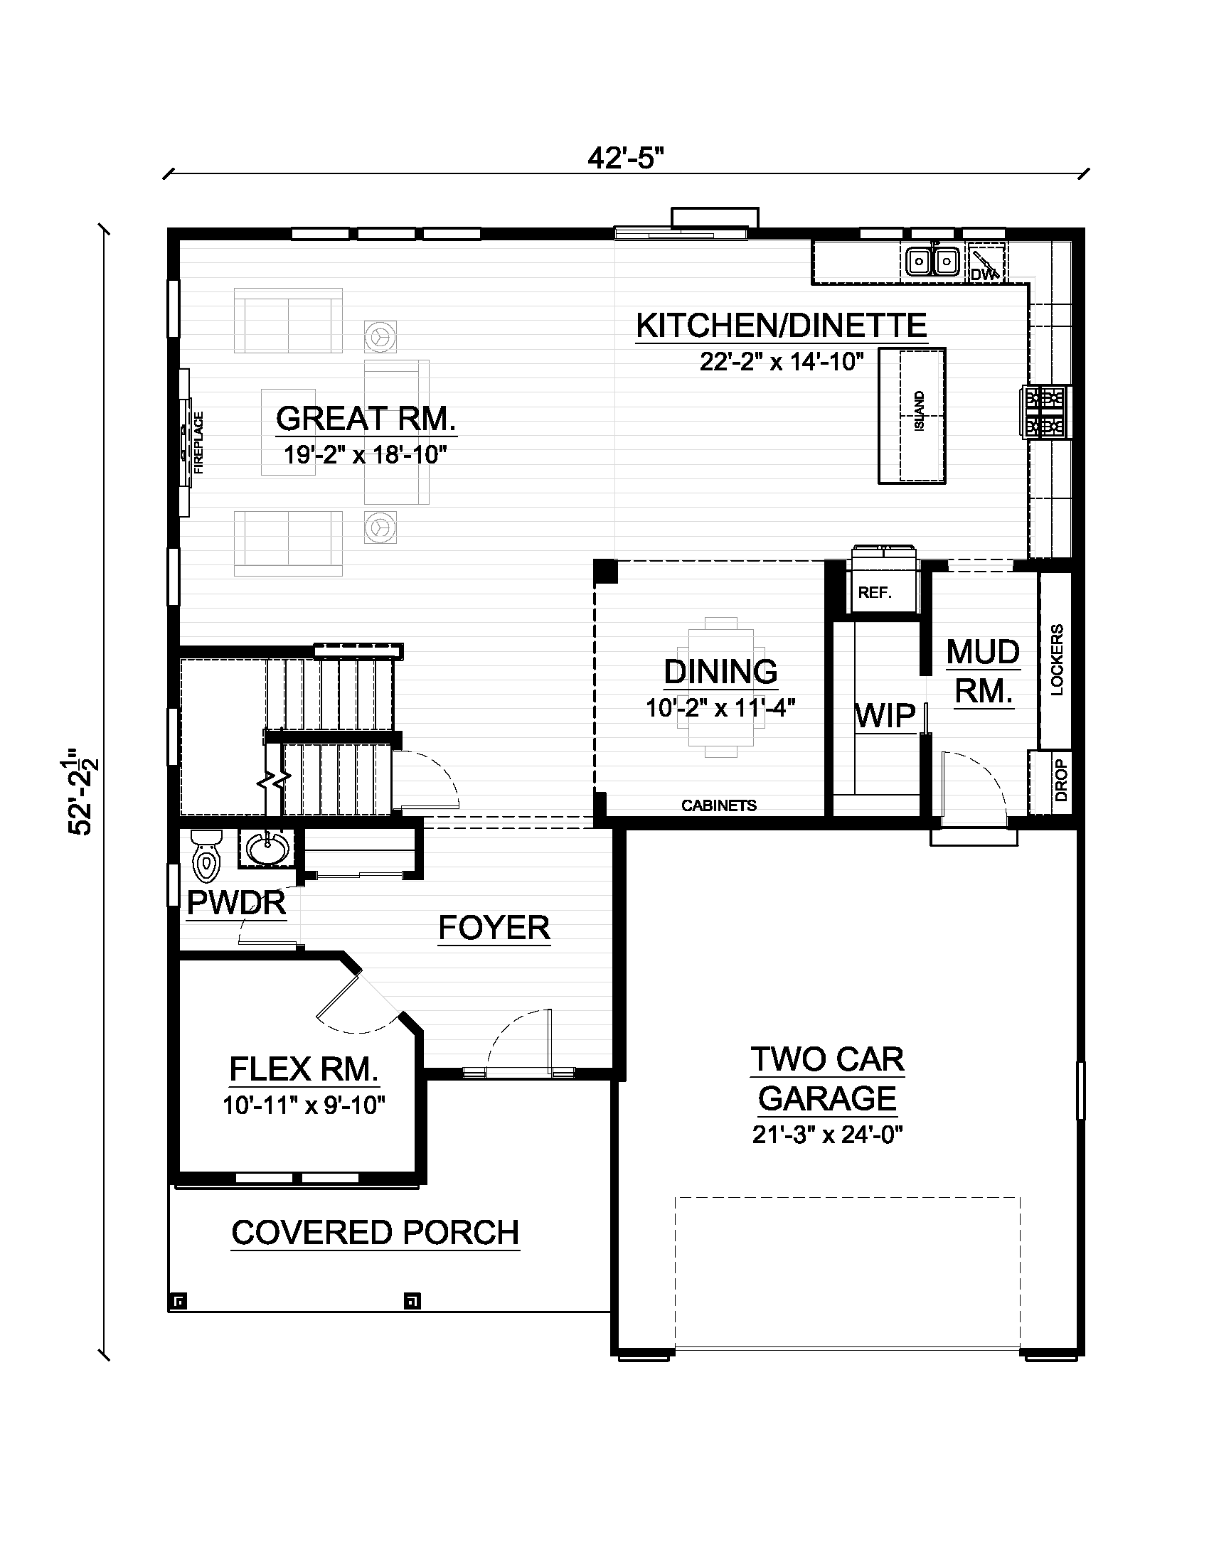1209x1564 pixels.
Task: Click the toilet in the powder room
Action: [x=207, y=857]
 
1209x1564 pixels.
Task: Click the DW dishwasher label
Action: [x=980, y=274]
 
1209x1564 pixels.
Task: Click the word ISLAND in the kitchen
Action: [x=920, y=411]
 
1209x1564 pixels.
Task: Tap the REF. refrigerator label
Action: [x=875, y=593]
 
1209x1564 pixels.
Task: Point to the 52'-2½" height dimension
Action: [x=83, y=793]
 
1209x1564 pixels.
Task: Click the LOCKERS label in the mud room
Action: [x=1057, y=660]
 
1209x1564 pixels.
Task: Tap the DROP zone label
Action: [x=1062, y=781]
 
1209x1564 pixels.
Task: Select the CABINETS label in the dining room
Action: [x=719, y=805]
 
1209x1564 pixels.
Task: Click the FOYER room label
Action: [x=494, y=928]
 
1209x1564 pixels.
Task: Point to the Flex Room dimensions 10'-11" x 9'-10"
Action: [x=304, y=1106]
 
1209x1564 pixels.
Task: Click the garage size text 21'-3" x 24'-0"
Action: [x=827, y=1135]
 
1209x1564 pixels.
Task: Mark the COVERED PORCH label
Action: [x=376, y=1233]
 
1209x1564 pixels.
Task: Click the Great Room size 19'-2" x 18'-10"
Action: [x=366, y=454]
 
